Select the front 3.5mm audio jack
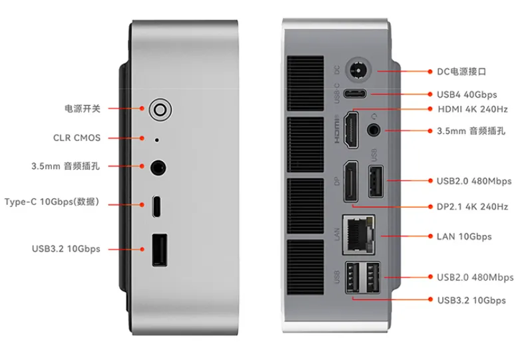(x=158, y=167)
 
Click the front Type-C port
(x=156, y=206)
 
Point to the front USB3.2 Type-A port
(x=158, y=250)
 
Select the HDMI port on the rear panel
(x=350, y=130)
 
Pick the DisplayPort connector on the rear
(x=350, y=181)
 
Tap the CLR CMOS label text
(x=77, y=138)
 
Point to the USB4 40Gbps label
(x=467, y=94)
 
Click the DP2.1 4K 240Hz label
(x=472, y=207)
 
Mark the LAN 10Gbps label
(x=464, y=236)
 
